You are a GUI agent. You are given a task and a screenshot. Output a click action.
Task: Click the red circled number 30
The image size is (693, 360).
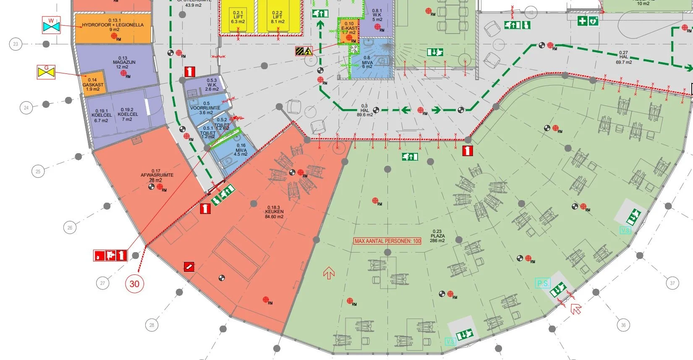(x=134, y=284)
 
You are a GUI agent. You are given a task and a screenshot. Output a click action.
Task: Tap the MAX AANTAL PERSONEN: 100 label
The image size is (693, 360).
(x=387, y=241)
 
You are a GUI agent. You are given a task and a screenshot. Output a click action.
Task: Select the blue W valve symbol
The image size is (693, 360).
(x=51, y=26)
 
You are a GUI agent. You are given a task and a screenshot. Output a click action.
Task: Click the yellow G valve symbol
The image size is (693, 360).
(x=46, y=72)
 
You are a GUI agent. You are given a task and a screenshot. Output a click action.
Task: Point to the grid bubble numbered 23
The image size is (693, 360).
(x=16, y=44)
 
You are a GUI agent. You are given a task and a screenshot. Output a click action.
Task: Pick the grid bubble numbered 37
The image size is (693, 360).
(x=672, y=283)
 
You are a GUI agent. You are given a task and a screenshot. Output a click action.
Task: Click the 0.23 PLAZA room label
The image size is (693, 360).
(x=437, y=236)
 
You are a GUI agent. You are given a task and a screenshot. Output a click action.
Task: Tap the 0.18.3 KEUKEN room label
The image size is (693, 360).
(x=274, y=212)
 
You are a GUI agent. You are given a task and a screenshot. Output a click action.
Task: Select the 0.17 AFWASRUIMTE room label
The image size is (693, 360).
(x=157, y=175)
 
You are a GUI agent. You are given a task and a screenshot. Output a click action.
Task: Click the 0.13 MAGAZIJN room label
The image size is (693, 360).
(x=123, y=63)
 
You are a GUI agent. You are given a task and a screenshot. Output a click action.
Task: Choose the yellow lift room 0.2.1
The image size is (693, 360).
(x=238, y=17)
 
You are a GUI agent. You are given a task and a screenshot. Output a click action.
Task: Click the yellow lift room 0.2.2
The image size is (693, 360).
(x=277, y=17)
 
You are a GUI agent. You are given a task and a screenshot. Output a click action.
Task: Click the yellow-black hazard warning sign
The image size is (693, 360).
(x=303, y=51)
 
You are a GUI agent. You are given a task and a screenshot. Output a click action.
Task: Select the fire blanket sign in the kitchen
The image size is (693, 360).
(x=189, y=266)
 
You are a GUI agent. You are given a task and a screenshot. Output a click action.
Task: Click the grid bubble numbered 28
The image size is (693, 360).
(x=152, y=325)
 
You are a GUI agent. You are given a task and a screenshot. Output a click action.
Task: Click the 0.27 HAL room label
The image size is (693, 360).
(x=623, y=57)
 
